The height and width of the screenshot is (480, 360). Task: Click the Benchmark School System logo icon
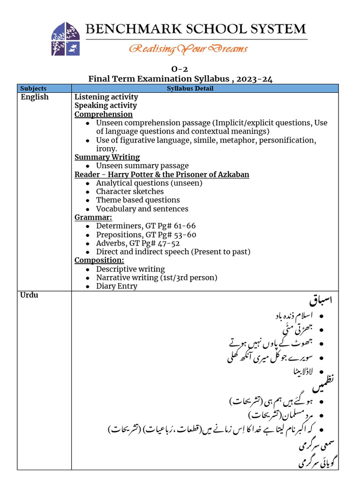point(65,39)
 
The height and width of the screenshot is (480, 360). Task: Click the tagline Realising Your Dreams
point(188,48)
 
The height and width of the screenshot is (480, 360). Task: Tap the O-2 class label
point(180,70)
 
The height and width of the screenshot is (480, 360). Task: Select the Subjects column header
point(33,88)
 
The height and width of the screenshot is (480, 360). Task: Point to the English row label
point(35,97)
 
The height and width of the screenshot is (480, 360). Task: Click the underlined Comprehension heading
point(104,114)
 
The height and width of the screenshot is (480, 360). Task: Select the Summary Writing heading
point(107,157)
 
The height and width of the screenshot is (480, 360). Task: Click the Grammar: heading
point(93,217)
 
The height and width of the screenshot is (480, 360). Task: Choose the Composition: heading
point(99,260)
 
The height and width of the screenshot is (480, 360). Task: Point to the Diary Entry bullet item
point(117,286)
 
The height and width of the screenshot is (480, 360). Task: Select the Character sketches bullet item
point(130,191)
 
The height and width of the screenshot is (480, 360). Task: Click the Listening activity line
point(106,97)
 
